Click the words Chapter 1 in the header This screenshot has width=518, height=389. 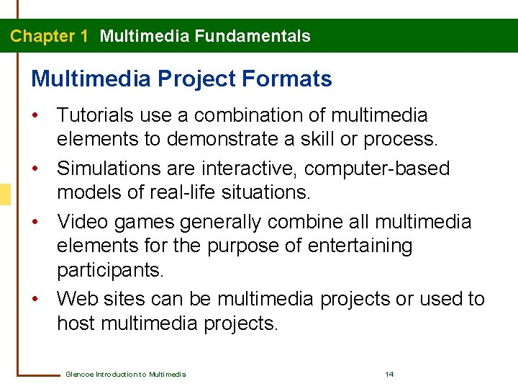(48, 36)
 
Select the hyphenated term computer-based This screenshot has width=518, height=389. (378, 169)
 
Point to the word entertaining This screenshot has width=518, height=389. (360, 246)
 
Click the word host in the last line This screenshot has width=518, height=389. (76, 323)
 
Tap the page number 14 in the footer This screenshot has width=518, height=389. (389, 374)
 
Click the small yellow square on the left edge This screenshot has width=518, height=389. (5, 193)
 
